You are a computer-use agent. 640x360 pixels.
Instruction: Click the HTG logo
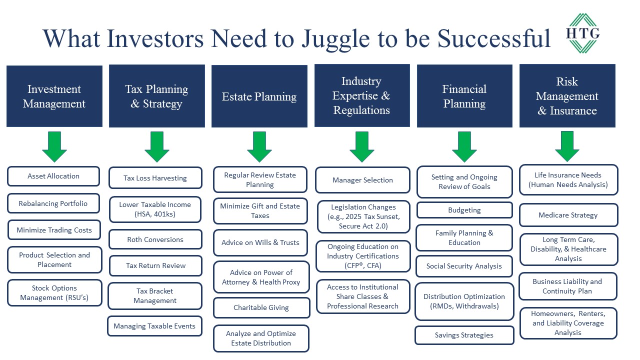583,33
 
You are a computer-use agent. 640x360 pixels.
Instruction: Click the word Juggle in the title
336,40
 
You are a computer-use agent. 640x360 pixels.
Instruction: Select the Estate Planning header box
259,96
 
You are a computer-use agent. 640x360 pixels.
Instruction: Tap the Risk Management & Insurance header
567,95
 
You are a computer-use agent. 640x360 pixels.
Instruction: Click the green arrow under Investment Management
54,147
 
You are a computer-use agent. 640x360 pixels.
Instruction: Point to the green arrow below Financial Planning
464,147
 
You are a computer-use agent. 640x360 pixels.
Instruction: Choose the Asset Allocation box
53,176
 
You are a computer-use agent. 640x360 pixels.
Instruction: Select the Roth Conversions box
155,239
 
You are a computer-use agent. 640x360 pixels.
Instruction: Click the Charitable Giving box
261,307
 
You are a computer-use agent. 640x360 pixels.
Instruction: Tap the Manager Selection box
362,180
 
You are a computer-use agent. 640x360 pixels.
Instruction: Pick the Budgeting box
464,210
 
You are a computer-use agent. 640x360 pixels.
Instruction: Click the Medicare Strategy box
568,215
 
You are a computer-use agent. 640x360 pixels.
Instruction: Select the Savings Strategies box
464,335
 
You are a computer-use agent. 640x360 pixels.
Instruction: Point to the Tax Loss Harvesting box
155,178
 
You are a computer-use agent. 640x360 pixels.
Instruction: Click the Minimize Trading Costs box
54,230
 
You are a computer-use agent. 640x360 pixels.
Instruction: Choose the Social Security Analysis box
464,266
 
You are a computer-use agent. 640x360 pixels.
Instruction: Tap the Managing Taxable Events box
154,326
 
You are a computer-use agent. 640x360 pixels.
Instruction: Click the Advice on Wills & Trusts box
260,242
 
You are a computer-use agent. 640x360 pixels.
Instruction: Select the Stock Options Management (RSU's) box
54,293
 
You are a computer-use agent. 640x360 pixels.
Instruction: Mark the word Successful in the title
494,38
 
